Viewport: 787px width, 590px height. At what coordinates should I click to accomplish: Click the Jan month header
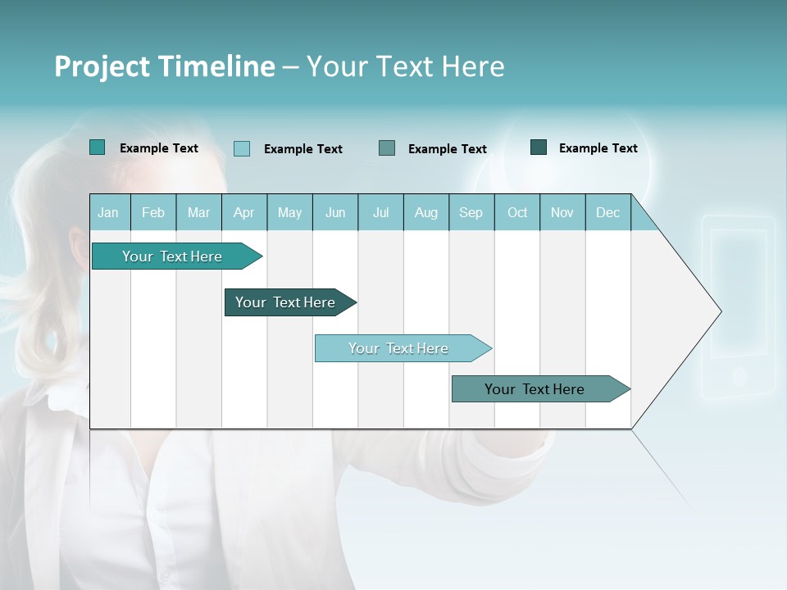tap(109, 212)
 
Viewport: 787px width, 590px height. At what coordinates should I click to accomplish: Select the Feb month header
tap(153, 212)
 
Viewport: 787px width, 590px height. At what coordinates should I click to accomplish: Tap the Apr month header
tap(243, 212)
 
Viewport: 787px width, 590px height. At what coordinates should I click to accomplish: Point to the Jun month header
tap(335, 212)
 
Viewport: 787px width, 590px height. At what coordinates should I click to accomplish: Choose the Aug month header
tap(425, 212)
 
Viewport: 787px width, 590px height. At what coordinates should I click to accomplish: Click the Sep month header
tap(471, 212)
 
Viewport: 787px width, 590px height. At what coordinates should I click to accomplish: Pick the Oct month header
tap(517, 212)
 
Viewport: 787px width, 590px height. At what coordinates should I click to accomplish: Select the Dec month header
tap(607, 212)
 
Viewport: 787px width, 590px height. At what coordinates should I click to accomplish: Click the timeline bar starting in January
tap(172, 256)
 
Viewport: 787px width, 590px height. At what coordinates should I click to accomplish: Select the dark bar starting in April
tap(285, 302)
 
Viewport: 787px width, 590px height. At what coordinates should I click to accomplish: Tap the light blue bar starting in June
tap(398, 348)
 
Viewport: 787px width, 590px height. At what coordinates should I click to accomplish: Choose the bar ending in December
tap(535, 389)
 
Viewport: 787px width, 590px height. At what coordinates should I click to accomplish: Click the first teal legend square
tap(97, 147)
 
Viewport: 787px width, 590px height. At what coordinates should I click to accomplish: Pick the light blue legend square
tap(242, 148)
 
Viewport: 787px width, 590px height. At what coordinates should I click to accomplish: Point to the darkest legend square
tap(539, 147)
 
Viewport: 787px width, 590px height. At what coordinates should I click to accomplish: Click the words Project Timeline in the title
tap(164, 66)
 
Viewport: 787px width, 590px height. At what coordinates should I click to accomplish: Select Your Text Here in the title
tap(405, 66)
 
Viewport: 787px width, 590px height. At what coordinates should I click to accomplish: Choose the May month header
tap(289, 212)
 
